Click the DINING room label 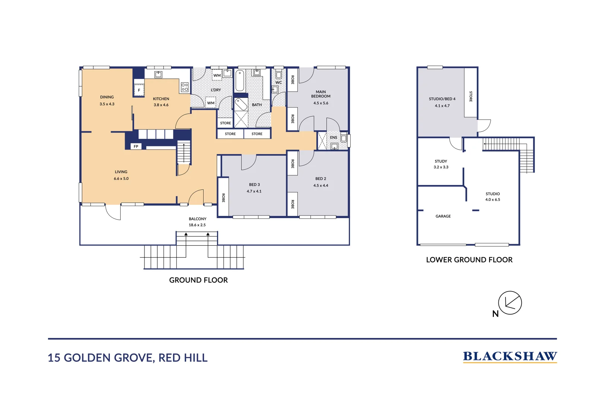point(107,97)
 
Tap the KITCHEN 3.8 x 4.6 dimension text point(161,105)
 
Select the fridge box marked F point(139,90)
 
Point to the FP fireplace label point(136,146)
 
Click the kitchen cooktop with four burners point(185,87)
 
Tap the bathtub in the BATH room point(240,80)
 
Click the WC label point(278,83)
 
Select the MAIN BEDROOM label point(320,94)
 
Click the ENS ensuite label point(334,137)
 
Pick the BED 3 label point(254,185)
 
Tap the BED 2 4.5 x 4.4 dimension point(320,185)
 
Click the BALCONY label point(197,219)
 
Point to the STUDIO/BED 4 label point(442,99)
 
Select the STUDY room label point(441,161)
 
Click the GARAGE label point(443,216)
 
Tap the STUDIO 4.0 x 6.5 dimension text point(492,200)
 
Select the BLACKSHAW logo point(510,356)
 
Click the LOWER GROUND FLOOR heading point(469,260)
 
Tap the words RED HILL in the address point(183,358)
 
